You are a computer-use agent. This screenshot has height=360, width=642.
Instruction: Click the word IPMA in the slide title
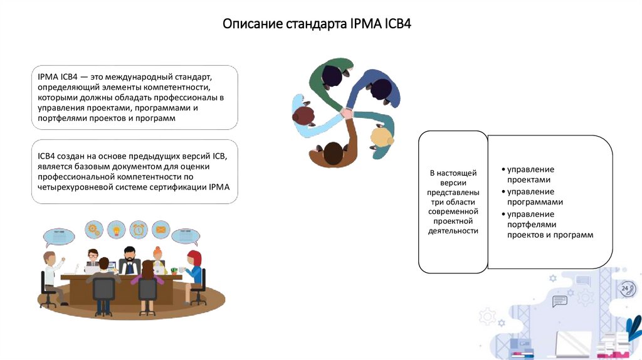(x=363, y=25)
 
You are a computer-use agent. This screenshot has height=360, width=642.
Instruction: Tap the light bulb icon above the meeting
(x=116, y=230)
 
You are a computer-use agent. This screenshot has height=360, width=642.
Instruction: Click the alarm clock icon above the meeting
(x=139, y=230)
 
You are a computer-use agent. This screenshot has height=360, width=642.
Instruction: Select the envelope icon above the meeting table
(x=160, y=230)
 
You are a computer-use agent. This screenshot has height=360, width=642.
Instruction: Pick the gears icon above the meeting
(x=94, y=230)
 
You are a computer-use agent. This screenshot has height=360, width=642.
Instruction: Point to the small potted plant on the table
(x=174, y=270)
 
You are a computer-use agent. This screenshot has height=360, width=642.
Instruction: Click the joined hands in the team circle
(x=346, y=114)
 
